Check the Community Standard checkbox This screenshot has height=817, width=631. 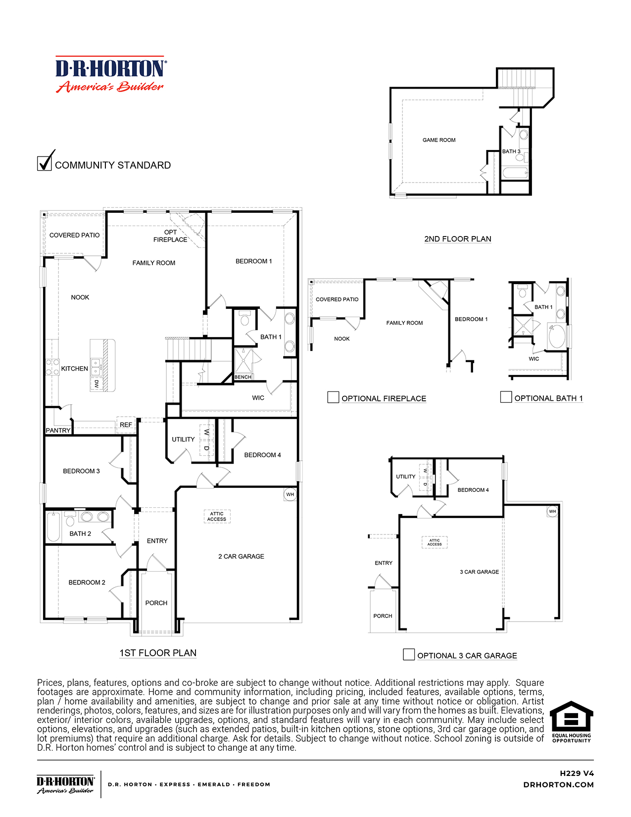point(45,163)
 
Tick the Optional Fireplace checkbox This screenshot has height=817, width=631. point(333,397)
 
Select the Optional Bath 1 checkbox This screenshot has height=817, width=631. point(506,397)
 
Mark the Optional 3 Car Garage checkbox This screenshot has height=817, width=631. point(409,654)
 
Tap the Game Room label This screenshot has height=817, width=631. point(439,140)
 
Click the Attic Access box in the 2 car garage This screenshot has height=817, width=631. point(217,517)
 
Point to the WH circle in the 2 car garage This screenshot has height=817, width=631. point(290,494)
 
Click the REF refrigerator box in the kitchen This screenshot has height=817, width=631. point(126,425)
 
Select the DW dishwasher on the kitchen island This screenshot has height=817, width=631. point(97,384)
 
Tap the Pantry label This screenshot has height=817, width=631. point(58,431)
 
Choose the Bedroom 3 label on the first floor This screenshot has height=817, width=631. point(81,471)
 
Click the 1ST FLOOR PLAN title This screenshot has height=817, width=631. point(158,653)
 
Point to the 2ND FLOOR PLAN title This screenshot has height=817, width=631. point(458,239)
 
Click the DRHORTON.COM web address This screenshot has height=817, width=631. point(558,785)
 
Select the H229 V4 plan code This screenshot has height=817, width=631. point(577,773)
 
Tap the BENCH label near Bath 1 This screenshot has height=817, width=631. point(243,377)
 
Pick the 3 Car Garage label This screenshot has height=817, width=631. point(479,572)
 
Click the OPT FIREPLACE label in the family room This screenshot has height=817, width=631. point(170,236)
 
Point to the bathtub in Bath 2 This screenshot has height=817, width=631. point(53,528)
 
